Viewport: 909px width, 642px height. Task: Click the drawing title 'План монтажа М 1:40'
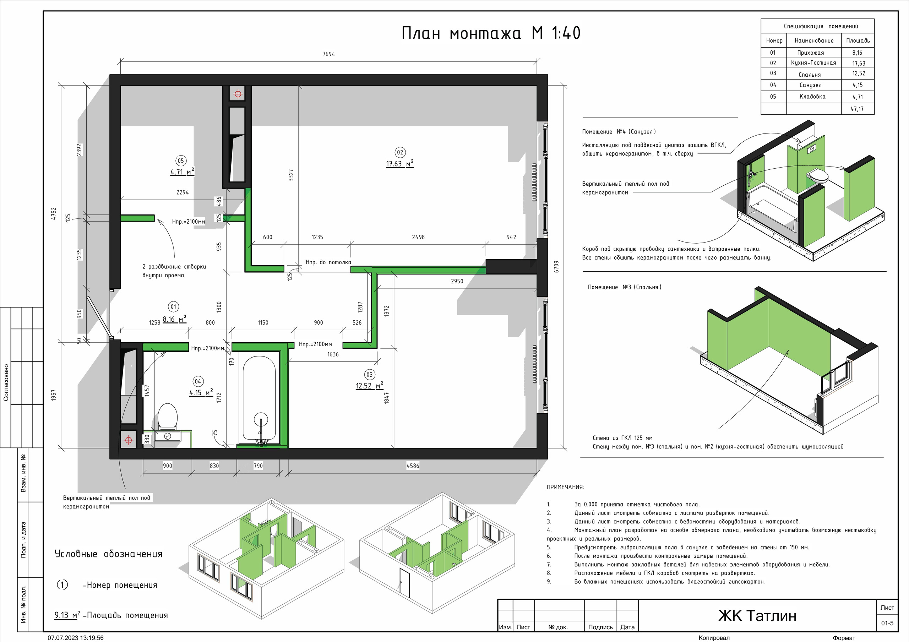click(x=491, y=33)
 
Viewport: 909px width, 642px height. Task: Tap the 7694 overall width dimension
click(x=328, y=54)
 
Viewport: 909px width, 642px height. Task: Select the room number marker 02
click(x=400, y=152)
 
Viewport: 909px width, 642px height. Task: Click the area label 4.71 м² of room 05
click(x=182, y=172)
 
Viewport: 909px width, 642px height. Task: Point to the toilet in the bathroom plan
click(x=168, y=417)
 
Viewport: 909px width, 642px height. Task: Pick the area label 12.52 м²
click(x=369, y=386)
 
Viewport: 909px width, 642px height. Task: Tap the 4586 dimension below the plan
click(x=413, y=466)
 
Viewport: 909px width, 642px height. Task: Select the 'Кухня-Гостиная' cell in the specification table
click(x=813, y=63)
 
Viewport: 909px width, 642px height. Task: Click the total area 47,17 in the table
click(x=857, y=109)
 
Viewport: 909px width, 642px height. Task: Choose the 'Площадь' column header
click(x=858, y=40)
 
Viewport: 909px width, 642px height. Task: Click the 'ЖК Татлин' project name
click(x=757, y=616)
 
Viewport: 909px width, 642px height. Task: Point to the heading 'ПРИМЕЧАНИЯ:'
click(x=565, y=487)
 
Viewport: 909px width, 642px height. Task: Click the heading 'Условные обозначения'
click(x=109, y=554)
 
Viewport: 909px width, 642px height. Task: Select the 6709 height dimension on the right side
click(x=556, y=267)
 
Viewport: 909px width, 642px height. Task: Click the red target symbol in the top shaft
click(x=238, y=94)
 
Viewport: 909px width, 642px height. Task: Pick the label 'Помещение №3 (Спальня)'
click(x=624, y=287)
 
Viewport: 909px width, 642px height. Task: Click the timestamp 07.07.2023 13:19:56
click(x=76, y=638)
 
